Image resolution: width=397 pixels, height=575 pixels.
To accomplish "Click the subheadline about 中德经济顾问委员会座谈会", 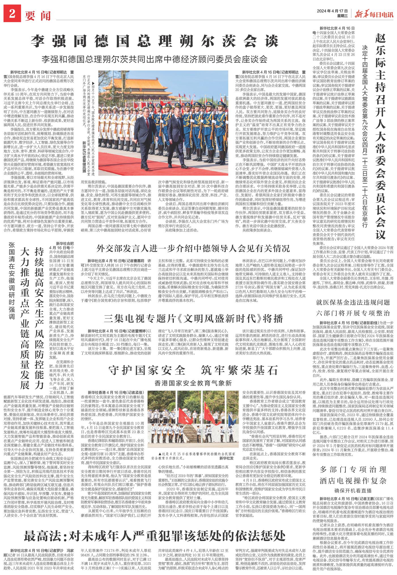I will point(154,59).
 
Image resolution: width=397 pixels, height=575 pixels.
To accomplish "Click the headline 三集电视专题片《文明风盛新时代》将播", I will point(193,318).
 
